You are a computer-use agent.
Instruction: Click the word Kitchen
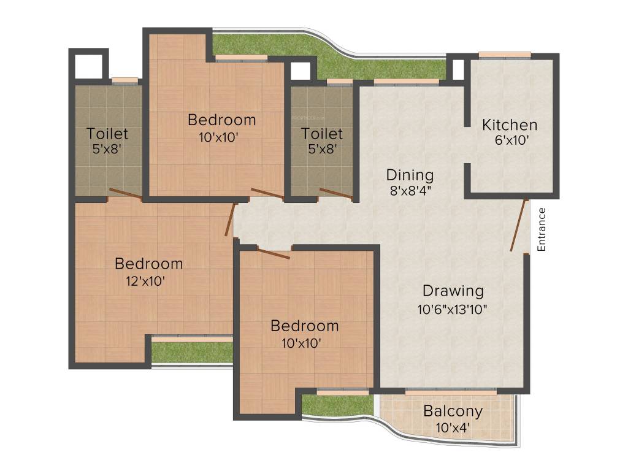[x=510, y=125]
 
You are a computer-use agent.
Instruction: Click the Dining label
[x=410, y=175]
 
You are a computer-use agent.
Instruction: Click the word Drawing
[x=453, y=291]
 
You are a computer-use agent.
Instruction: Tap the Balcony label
[x=453, y=411]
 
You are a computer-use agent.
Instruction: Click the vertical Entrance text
[x=541, y=229]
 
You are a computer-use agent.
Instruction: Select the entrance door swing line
[x=519, y=225]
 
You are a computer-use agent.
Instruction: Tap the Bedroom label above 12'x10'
[x=149, y=264]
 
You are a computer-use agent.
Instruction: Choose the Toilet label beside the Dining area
[x=322, y=133]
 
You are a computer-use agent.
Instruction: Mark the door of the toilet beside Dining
[x=336, y=194]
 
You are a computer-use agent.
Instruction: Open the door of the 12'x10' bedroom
[x=230, y=220]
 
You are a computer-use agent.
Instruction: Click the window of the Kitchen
[x=505, y=55]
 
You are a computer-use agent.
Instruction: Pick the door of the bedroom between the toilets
[x=267, y=194]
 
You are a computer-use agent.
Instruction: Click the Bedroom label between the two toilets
[x=221, y=119]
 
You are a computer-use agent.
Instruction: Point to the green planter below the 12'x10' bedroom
[x=191, y=352]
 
